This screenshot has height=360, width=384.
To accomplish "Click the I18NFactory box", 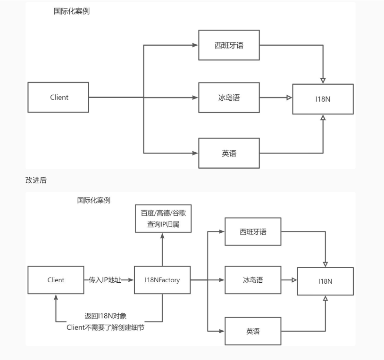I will pyautogui.click(x=163, y=280).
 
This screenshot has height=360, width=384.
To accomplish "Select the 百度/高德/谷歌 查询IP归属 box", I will pyautogui.click(x=163, y=218).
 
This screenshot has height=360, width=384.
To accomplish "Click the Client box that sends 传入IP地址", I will pyautogui.click(x=56, y=280).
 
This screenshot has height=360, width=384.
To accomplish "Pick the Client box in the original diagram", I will pyautogui.click(x=59, y=98).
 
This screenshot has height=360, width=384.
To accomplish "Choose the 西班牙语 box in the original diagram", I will pyautogui.click(x=229, y=45).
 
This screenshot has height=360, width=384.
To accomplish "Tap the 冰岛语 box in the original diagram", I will pyautogui.click(x=229, y=98).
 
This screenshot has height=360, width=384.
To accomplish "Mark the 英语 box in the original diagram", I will pyautogui.click(x=229, y=153).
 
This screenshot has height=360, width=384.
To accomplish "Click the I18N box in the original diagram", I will pyautogui.click(x=323, y=98).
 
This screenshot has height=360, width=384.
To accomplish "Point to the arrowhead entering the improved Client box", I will pyautogui.click(x=56, y=297).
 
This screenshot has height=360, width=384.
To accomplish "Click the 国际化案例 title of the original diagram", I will pyautogui.click(x=72, y=11).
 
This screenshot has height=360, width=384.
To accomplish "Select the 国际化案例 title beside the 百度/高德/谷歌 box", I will pyautogui.click(x=94, y=200).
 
